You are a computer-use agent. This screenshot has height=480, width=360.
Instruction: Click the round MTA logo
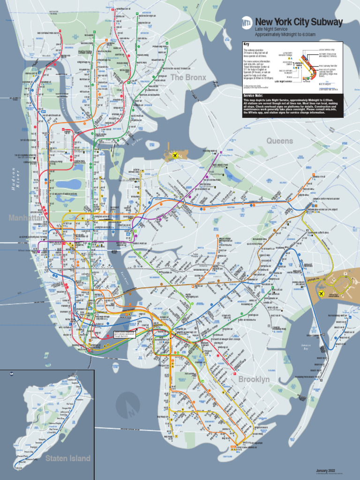[x=247, y=22]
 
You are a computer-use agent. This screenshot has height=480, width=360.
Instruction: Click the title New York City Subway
[x=299, y=22]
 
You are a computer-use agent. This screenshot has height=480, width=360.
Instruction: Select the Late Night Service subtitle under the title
[x=271, y=29]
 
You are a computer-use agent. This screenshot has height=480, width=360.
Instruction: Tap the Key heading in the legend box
[x=247, y=44]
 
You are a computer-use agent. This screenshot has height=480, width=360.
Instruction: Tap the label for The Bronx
[x=188, y=77]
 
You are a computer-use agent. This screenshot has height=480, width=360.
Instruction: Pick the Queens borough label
[x=279, y=141]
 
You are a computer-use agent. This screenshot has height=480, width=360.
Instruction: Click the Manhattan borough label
[x=26, y=218]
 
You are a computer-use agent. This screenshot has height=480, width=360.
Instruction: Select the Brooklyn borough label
[x=254, y=379]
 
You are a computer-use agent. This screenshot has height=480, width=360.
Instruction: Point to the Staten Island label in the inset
[x=67, y=458]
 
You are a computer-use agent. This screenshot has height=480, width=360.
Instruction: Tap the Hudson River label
[x=16, y=178]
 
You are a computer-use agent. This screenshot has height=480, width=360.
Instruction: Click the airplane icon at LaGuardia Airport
[x=174, y=155]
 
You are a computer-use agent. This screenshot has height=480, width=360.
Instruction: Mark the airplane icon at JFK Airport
[x=322, y=294]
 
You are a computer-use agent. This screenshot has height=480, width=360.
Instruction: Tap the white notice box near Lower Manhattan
[x=125, y=335]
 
